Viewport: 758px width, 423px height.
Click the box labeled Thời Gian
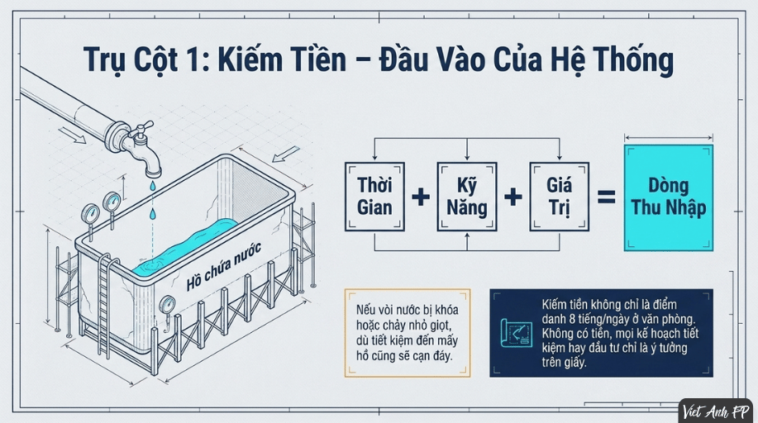(x=374, y=197)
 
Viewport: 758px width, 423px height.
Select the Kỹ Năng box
(x=467, y=197)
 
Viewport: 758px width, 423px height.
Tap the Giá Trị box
(x=560, y=197)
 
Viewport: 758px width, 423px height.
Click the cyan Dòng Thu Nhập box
(x=669, y=197)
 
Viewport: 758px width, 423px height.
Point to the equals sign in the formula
(x=607, y=197)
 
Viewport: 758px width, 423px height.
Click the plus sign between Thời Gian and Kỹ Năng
(x=421, y=197)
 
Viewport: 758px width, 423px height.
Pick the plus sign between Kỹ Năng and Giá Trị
(x=512, y=197)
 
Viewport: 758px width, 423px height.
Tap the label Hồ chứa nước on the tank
(x=223, y=266)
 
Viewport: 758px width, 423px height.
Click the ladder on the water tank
(x=104, y=306)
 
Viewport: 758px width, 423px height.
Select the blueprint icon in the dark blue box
(x=516, y=333)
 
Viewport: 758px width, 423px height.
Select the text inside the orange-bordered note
(x=407, y=333)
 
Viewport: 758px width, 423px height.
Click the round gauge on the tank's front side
(x=168, y=306)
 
